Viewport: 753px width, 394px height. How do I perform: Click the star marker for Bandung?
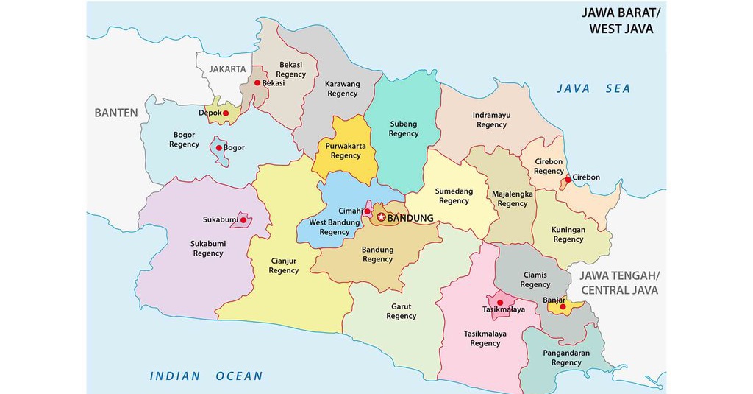pos(381,217)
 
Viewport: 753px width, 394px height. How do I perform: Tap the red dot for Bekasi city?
pos(257,83)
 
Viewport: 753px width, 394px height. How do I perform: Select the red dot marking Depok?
pos(226,113)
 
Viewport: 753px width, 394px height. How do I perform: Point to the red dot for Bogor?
pos(218,148)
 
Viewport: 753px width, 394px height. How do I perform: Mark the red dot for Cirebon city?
pos(568,179)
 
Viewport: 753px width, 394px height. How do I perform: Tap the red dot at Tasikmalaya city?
pos(500,302)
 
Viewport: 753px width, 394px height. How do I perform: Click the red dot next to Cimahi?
pos(367,212)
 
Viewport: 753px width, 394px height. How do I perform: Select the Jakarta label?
pos(227,68)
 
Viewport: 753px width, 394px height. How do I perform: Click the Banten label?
pos(115,113)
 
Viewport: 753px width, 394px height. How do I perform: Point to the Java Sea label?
pos(593,88)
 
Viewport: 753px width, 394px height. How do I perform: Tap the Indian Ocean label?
pos(206,376)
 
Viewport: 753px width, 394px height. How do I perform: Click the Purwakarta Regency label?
pos(346,151)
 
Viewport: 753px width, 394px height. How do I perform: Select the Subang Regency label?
pos(403,129)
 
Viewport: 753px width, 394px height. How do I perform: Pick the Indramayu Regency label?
pos(491,120)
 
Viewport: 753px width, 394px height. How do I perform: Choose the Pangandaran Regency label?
pos(566,358)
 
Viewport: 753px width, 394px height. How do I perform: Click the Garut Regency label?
pos(401,312)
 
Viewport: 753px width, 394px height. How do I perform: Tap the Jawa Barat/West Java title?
pos(621,21)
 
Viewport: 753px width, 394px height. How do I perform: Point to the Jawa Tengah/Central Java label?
pos(620,283)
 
